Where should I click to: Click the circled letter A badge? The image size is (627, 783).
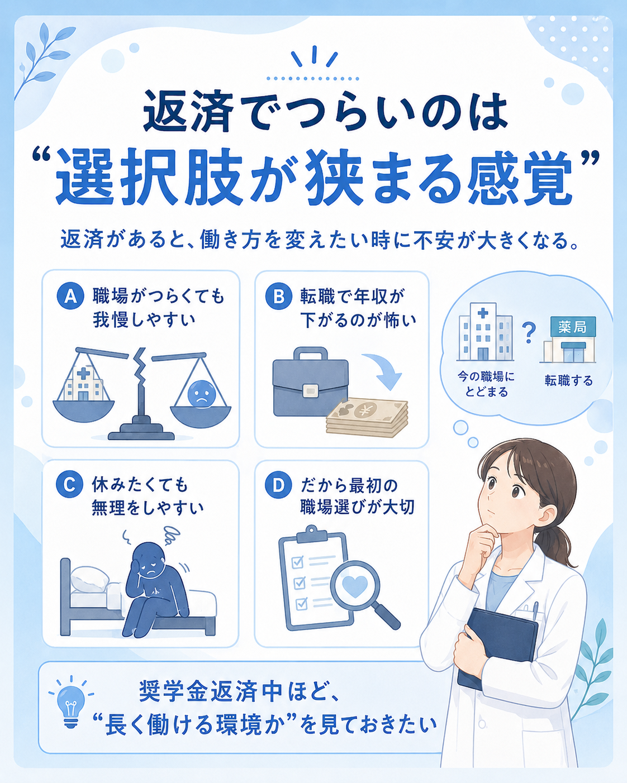(70, 296)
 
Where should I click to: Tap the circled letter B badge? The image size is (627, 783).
(278, 296)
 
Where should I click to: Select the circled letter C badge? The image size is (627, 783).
(69, 484)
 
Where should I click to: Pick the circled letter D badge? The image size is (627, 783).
(278, 485)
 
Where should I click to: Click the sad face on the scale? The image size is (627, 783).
(201, 395)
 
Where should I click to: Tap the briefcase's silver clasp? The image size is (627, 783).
(310, 391)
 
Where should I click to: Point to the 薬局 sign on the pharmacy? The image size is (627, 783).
(573, 327)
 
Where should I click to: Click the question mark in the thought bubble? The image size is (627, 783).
(529, 333)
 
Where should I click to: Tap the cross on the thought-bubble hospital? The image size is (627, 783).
(482, 313)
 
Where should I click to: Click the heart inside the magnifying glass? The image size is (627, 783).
(355, 586)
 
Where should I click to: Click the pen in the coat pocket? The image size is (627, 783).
(535, 610)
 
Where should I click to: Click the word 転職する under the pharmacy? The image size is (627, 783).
(569, 381)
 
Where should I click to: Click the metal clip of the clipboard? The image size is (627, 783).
(311, 534)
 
